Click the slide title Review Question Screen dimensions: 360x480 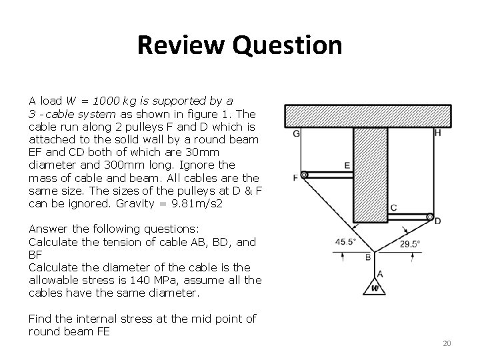(x=239, y=45)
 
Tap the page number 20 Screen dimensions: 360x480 (x=447, y=343)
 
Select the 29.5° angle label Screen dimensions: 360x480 (x=409, y=244)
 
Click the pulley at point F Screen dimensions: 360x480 (x=304, y=175)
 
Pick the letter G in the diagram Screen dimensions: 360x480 (x=295, y=133)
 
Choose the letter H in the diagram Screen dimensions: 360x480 (x=437, y=133)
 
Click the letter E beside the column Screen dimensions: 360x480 (x=347, y=165)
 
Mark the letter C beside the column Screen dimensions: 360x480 (x=394, y=207)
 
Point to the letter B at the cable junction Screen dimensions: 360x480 (x=367, y=257)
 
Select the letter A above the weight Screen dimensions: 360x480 (x=380, y=273)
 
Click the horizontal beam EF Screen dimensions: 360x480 (x=329, y=175)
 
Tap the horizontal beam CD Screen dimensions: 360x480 (x=407, y=216)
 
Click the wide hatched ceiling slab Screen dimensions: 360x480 (x=371, y=115)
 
